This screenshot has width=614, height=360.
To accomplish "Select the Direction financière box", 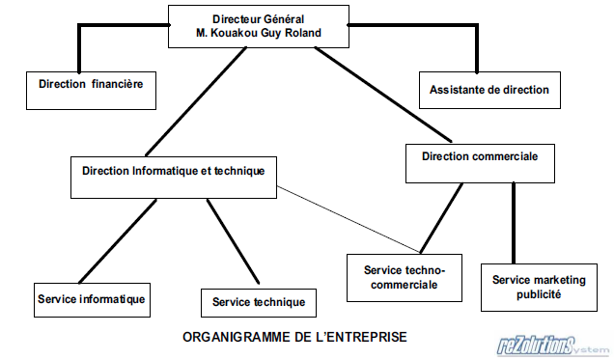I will tap(91, 85).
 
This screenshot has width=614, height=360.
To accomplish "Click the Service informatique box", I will tap(92, 299).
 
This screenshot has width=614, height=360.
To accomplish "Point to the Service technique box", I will tap(258, 302).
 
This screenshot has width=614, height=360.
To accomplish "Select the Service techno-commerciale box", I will tap(405, 277).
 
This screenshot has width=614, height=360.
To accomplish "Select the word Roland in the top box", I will tap(300, 33).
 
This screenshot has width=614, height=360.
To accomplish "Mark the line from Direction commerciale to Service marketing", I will tap(514, 221).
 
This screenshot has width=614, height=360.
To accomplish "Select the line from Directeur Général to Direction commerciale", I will tap(386, 96).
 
